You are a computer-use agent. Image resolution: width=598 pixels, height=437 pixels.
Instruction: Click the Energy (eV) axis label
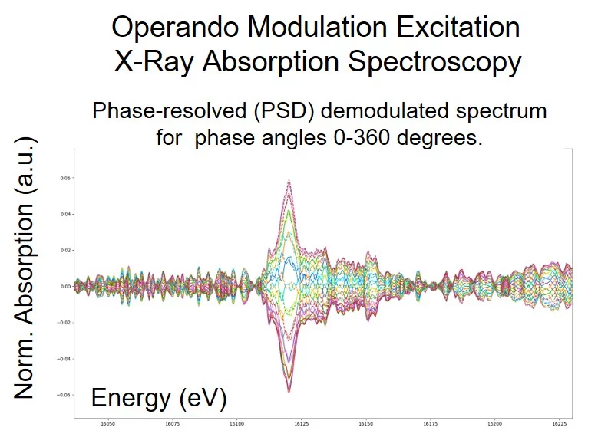159,398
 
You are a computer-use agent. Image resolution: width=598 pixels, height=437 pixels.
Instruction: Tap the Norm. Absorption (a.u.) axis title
25,268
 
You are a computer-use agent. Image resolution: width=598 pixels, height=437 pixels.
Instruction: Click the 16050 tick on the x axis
108,423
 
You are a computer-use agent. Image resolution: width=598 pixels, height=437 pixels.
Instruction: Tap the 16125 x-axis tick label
302,423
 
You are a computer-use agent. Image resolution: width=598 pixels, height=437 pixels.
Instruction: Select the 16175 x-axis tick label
431,423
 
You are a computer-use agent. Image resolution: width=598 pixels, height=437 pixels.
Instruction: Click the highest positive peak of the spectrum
289,180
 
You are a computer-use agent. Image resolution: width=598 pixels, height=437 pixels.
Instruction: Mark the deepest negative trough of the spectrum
289,392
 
